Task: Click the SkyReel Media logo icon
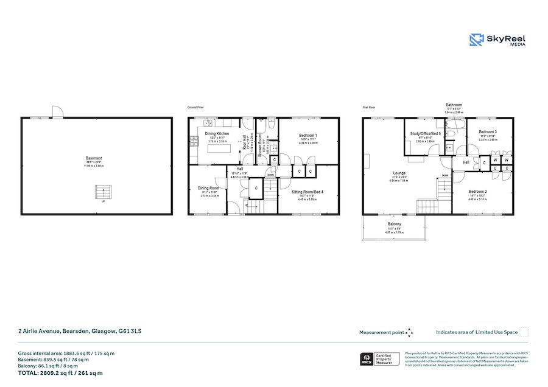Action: (476, 40)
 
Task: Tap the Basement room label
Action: (94, 158)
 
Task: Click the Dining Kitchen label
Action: (217, 133)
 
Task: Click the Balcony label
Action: (394, 223)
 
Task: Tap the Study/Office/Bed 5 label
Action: (424, 133)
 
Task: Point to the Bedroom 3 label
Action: (488, 131)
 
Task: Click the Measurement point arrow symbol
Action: (410, 332)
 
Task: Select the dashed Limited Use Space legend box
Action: (524, 332)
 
